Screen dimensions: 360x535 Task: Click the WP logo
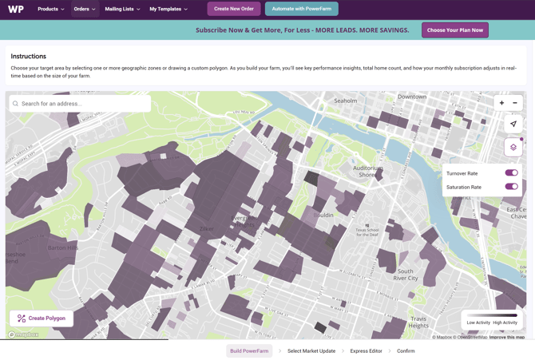click(16, 9)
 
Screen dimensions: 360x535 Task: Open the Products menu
click(51, 9)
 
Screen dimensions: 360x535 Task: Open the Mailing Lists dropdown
click(122, 9)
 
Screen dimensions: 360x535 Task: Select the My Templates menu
click(168, 9)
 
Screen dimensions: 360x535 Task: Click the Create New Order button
click(234, 9)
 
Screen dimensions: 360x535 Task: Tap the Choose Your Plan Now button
click(455, 30)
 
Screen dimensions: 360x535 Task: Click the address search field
click(80, 104)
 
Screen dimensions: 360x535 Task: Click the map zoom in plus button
click(502, 103)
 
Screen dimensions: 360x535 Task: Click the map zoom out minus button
click(515, 103)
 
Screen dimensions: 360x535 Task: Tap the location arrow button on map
click(513, 124)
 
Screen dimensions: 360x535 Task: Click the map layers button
click(513, 147)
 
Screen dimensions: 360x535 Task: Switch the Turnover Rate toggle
click(511, 173)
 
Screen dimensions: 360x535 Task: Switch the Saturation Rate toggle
click(511, 187)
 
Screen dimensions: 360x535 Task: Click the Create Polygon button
click(42, 318)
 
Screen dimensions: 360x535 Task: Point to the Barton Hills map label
click(64, 248)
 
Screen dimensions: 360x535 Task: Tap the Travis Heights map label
click(419, 322)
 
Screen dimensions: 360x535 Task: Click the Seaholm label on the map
click(346, 101)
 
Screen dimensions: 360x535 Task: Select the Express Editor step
click(367, 351)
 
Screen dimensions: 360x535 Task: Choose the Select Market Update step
click(311, 351)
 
